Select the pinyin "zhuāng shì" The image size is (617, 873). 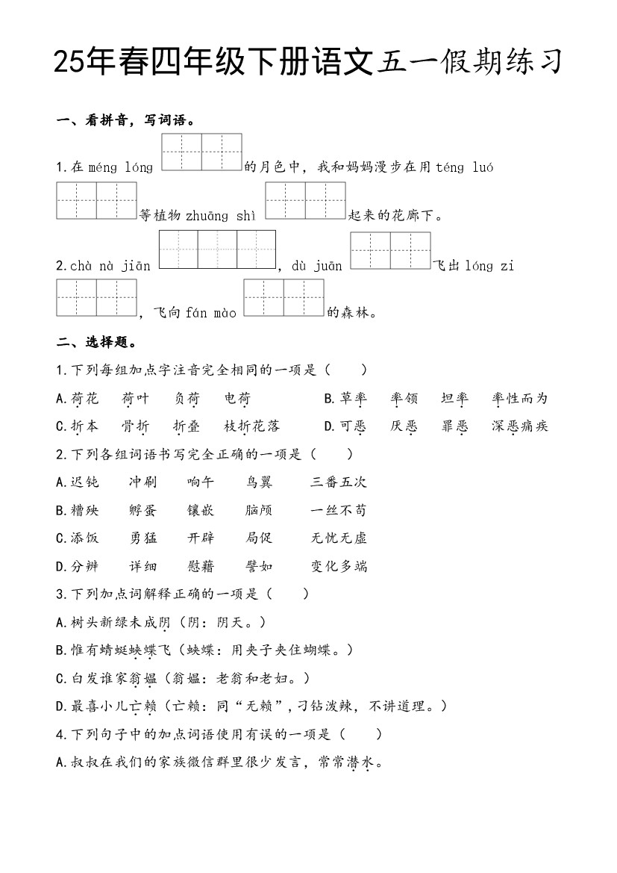[224, 216]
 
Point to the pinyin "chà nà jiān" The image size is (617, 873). [110, 266]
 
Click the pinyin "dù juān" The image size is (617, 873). [317, 266]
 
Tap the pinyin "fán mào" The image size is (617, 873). [211, 313]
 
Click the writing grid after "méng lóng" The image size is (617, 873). [201, 152]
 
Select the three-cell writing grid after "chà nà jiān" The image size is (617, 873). [217, 249]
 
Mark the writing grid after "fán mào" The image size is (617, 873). [284, 298]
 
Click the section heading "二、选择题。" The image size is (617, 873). [95, 343]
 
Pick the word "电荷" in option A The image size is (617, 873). [237, 399]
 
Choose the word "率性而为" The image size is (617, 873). [520, 399]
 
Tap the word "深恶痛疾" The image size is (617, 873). [520, 426]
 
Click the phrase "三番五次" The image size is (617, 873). [339, 482]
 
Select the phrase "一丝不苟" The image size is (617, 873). [339, 511]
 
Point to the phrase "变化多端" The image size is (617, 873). [339, 566]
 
